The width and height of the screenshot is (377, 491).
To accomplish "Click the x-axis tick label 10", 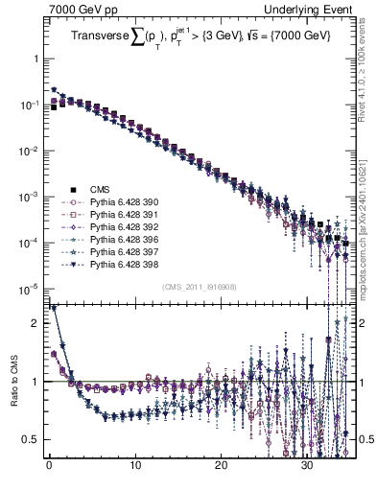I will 134,467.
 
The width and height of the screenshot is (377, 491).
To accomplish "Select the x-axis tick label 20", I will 221,467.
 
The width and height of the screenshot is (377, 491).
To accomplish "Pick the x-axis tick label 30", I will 307,467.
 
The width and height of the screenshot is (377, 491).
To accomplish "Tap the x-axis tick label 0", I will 48,467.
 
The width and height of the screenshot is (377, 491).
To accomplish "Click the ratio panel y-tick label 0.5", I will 31,439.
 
